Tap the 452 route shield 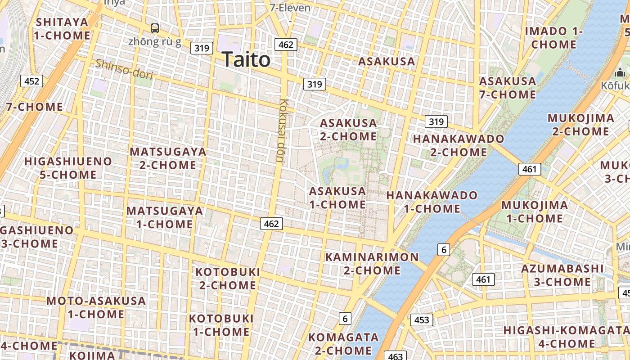click(32, 81)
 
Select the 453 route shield click(422, 320)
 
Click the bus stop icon click(155, 28)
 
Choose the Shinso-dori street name click(124, 69)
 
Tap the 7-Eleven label click(290, 8)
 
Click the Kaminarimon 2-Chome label click(372, 264)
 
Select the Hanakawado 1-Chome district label click(432, 202)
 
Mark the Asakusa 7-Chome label click(508, 88)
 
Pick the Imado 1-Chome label click(553, 38)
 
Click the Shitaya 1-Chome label click(62, 28)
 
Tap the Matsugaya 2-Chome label click(168, 158)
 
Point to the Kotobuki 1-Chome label click(221, 325)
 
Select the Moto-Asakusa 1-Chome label click(96, 307)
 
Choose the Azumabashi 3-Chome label click(562, 275)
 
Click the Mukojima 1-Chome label click(535, 212)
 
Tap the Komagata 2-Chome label click(343, 344)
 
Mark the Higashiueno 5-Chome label click(68, 168)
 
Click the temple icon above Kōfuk click(620, 72)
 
